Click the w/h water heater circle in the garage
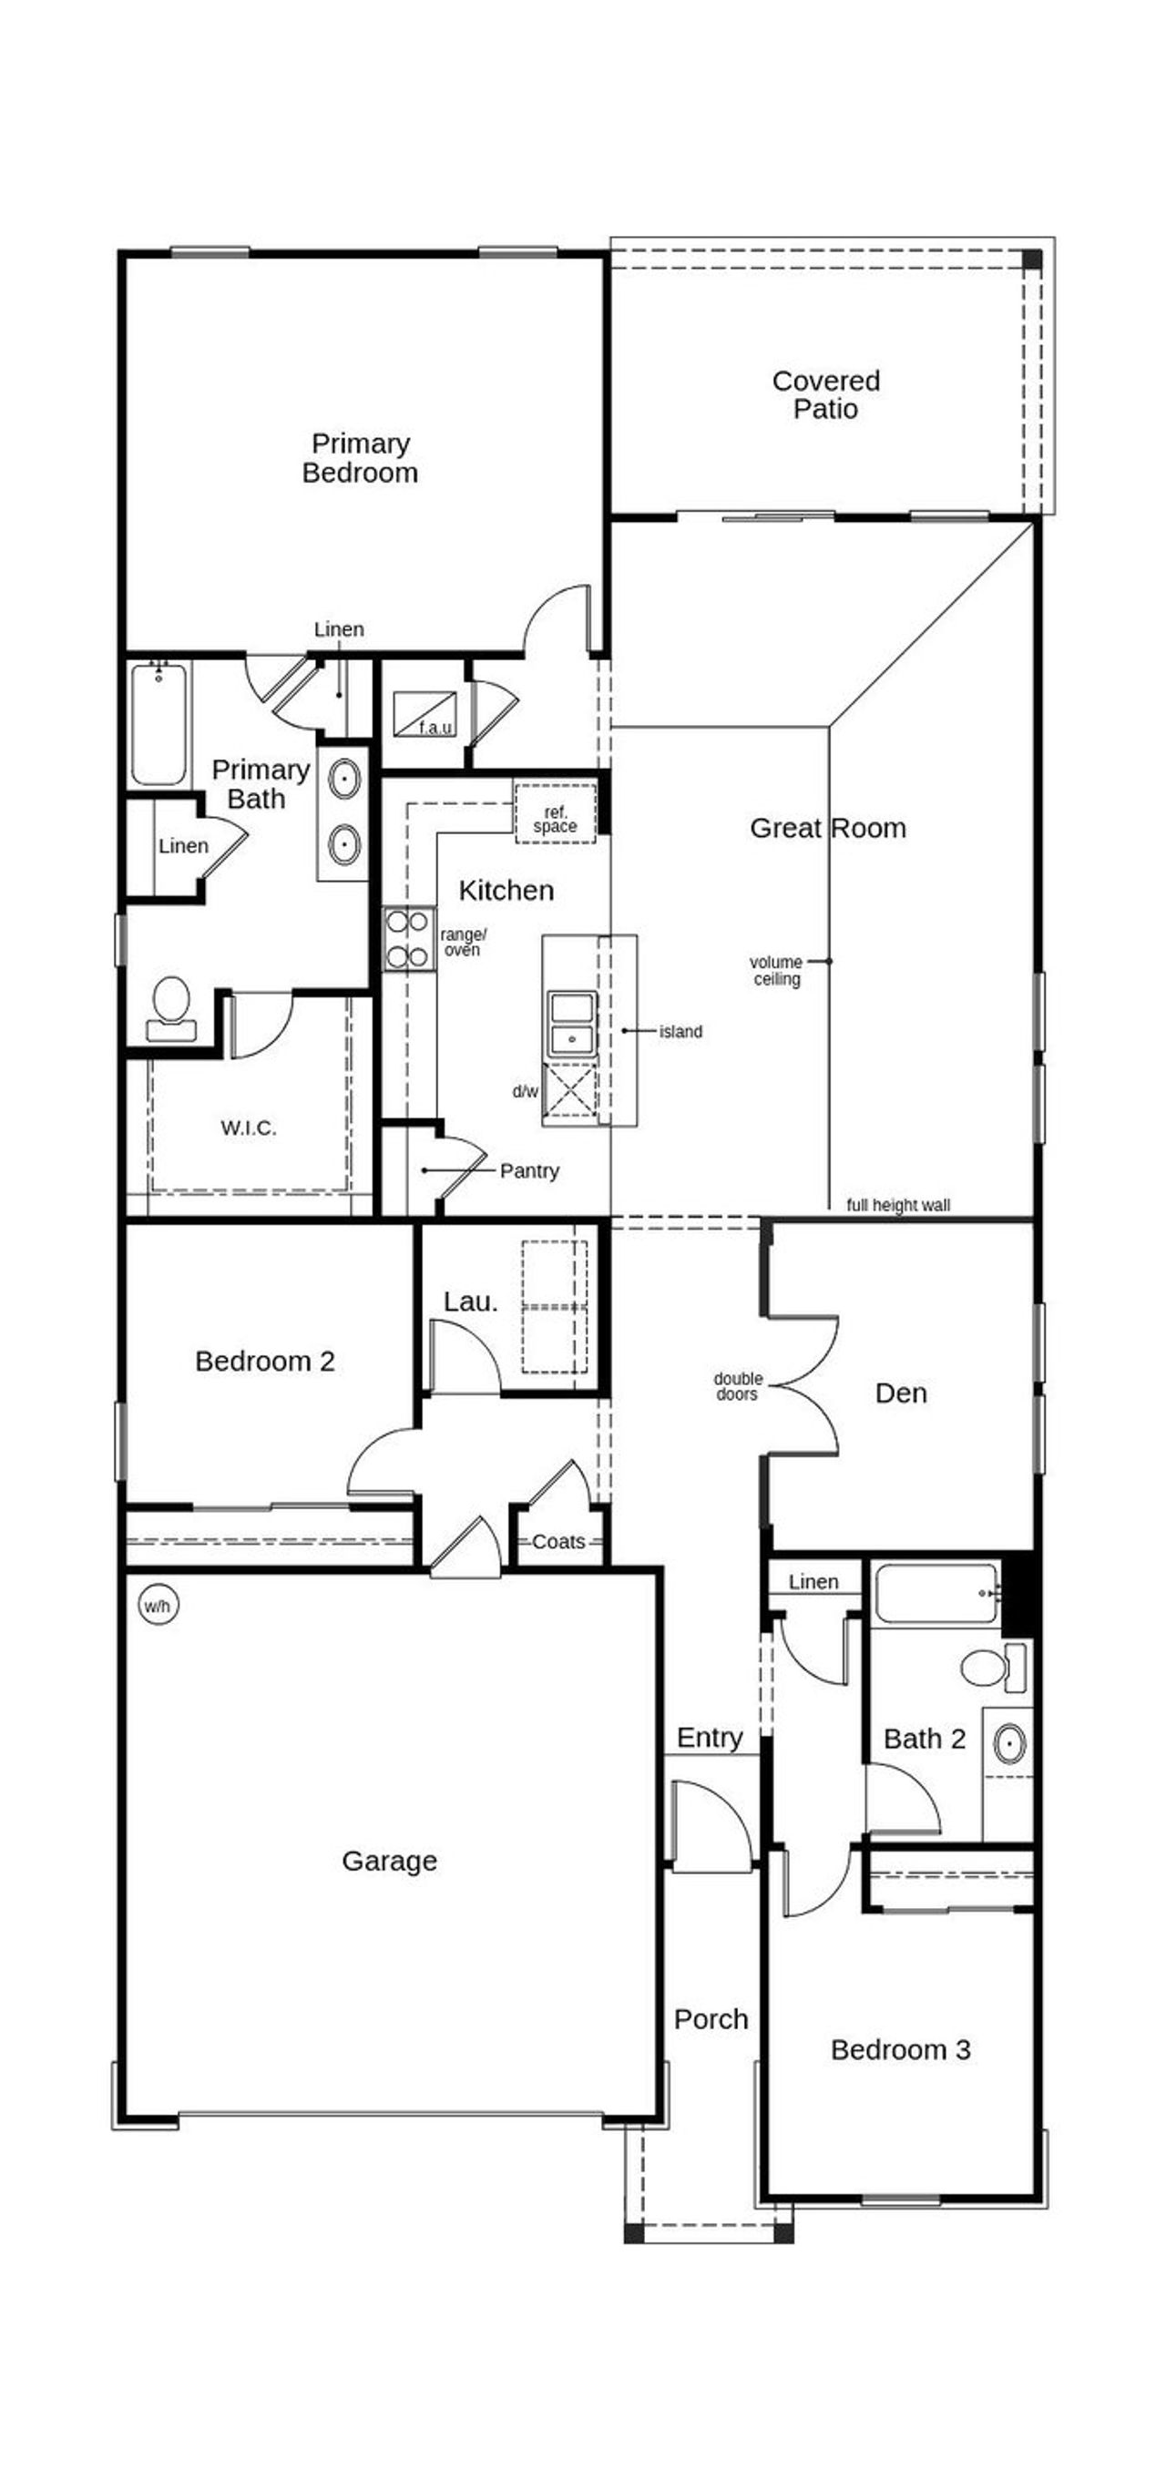pos(157,1606)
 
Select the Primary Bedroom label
pos(360,458)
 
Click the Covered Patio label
pos(825,394)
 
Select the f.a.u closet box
pos(424,714)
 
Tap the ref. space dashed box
pos(555,814)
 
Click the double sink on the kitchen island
pos(571,1024)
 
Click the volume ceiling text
pos(776,971)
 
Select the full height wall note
pos(897,1205)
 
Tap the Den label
pos(900,1393)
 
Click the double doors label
pos(738,1386)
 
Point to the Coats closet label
pos(558,1541)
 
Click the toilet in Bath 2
pos(990,1668)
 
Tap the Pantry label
pos(528,1170)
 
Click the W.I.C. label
pos(249,1128)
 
